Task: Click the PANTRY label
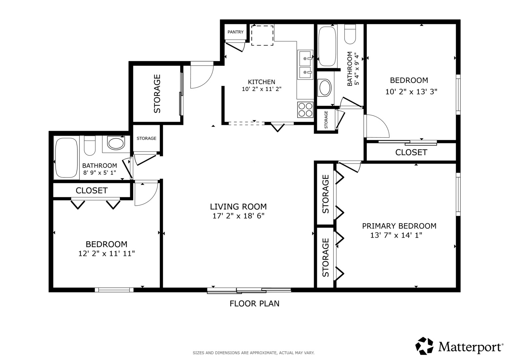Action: pos(235,32)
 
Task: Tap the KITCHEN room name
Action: pos(261,82)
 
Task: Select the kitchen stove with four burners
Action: pos(305,110)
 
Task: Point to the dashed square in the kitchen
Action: pos(262,35)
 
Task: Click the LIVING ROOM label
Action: pos(238,207)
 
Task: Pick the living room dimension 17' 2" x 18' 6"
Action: pos(238,216)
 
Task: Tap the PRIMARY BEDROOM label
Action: pos(399,226)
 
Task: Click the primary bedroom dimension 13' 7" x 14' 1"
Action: pos(396,235)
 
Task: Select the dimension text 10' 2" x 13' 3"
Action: pos(411,92)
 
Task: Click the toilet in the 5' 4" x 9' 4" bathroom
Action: pos(350,34)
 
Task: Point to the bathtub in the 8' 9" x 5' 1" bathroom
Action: pos(66,158)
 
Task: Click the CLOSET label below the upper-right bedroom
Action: pos(411,152)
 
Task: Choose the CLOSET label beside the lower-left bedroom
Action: pos(92,190)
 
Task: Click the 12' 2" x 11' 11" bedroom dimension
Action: pos(107,253)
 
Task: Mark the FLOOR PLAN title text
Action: pos(254,304)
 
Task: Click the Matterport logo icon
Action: pos(424,346)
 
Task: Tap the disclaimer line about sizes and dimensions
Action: pos(254,353)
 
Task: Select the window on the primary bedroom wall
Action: pos(458,194)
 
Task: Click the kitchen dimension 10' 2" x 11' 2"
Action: pos(262,89)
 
